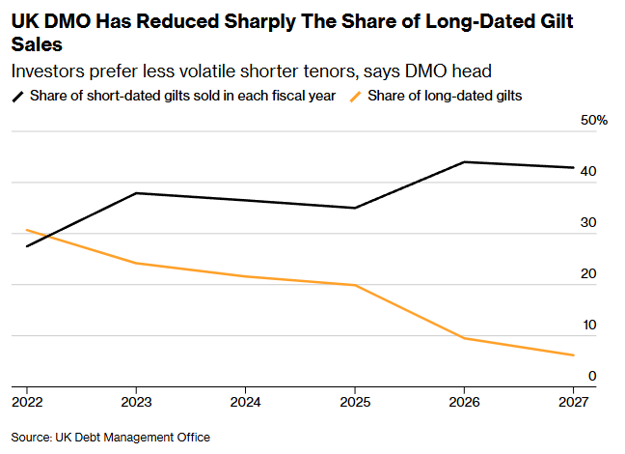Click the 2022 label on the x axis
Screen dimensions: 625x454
click(27, 402)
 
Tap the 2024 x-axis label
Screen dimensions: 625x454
click(246, 402)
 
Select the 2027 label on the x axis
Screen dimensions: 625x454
click(573, 402)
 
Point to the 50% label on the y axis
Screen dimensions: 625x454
click(594, 120)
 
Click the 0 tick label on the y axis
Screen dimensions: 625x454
click(592, 376)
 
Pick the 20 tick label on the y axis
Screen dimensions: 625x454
click(588, 274)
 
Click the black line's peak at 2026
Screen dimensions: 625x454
click(464, 161)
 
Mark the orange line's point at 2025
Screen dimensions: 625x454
click(355, 285)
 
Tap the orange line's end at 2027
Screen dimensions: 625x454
click(573, 355)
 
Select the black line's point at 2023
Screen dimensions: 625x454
click(136, 193)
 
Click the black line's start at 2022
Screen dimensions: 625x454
click(27, 246)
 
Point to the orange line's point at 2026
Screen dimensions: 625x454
click(464, 338)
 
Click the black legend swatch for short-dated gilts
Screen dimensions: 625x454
click(18, 97)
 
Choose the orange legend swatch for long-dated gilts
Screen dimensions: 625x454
click(356, 97)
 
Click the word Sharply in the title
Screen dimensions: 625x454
click(259, 22)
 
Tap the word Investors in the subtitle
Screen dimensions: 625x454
click(48, 71)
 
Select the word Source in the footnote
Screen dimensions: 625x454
click(31, 438)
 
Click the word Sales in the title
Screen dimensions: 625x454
click(37, 44)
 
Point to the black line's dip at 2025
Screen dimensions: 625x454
click(355, 208)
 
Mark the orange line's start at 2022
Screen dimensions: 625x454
click(27, 230)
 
